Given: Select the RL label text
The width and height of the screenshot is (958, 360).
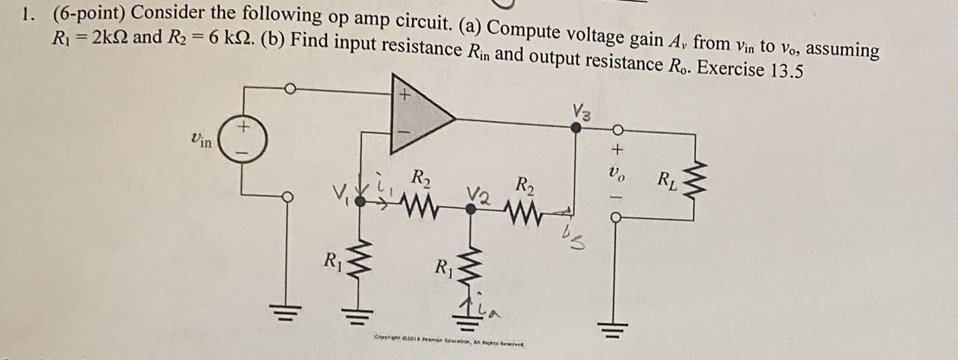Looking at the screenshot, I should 668,182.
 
